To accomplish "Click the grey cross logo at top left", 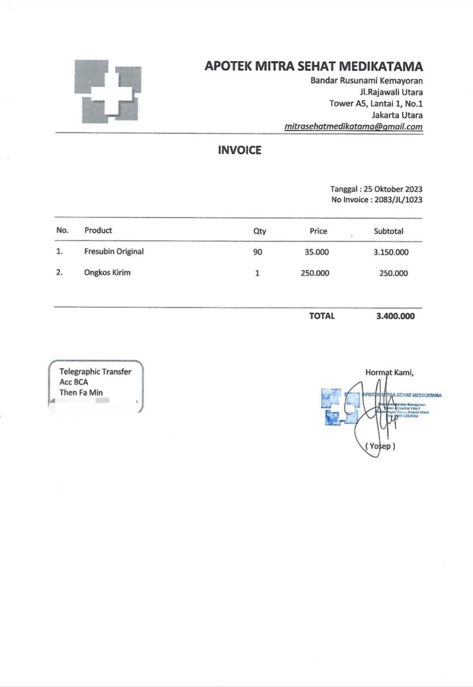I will (107, 91).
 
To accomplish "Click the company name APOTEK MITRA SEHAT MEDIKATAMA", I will (314, 66).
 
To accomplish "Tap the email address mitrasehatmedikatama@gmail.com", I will (353, 126).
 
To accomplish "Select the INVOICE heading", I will (239, 150).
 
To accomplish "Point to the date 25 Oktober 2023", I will (393, 189).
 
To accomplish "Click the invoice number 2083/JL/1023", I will (398, 200).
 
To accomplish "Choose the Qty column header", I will (259, 231).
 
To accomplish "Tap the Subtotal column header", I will (388, 231).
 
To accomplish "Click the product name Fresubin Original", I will (114, 251).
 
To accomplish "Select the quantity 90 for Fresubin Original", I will (258, 252).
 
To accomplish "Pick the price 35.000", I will (317, 252).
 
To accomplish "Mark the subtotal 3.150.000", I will (391, 252).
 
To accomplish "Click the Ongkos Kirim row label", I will (107, 272).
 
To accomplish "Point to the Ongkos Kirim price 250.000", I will (315, 273).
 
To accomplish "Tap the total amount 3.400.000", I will (395, 316).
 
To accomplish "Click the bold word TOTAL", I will (322, 316).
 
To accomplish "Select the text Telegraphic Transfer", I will (95, 372).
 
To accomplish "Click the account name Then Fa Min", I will (81, 393).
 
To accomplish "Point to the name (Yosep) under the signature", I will (380, 446).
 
